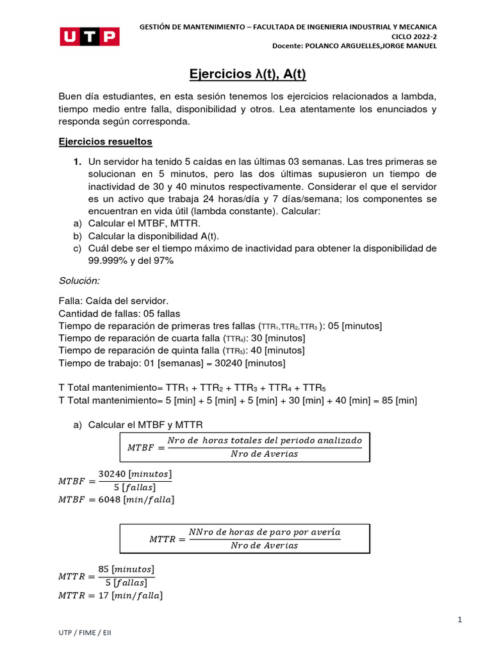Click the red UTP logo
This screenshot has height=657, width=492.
90,37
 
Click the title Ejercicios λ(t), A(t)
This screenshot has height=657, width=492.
248,74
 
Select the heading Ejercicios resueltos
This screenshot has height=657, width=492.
105,141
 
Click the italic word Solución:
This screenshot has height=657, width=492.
79,280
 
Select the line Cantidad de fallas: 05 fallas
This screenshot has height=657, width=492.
119,314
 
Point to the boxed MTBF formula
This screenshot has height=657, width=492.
245,447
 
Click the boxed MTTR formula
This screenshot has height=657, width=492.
245,539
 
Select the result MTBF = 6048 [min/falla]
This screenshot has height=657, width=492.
116,499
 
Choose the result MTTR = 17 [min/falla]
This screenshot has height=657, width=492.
110,595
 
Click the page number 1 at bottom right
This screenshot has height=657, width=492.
460,620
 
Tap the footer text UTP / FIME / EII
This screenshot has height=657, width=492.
85,633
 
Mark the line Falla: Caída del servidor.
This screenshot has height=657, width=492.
113,301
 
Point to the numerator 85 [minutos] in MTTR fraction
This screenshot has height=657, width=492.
126,570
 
